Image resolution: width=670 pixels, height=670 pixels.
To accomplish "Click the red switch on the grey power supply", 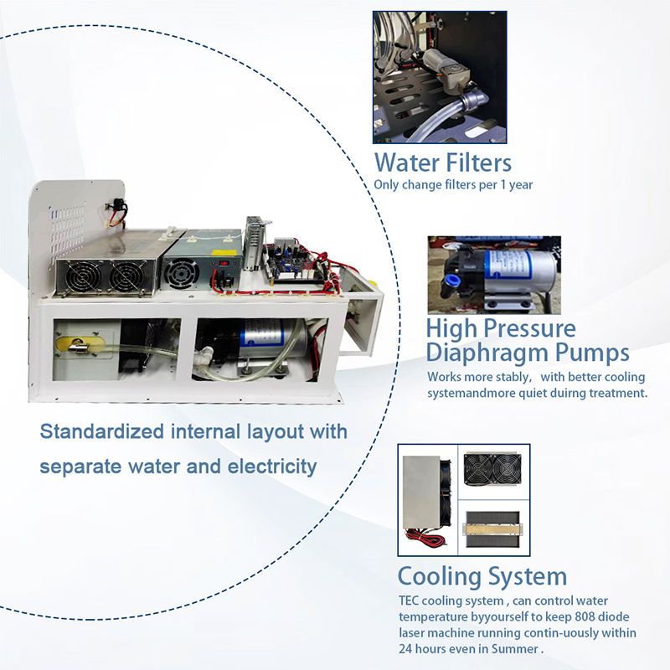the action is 223,263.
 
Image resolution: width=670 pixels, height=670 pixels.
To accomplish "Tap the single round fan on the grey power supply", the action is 182,272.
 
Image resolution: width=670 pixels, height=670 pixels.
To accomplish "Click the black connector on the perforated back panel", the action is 119,211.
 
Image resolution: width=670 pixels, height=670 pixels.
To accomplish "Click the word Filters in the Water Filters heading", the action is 478,162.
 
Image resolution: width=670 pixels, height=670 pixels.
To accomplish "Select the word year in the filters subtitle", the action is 521,185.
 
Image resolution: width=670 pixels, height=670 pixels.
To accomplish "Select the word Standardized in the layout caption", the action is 101,431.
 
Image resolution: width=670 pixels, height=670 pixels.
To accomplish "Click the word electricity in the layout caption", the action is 271,466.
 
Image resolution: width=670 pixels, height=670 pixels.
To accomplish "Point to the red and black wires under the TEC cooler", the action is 425,537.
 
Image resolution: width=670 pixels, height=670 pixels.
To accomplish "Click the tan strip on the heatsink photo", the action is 492,529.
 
